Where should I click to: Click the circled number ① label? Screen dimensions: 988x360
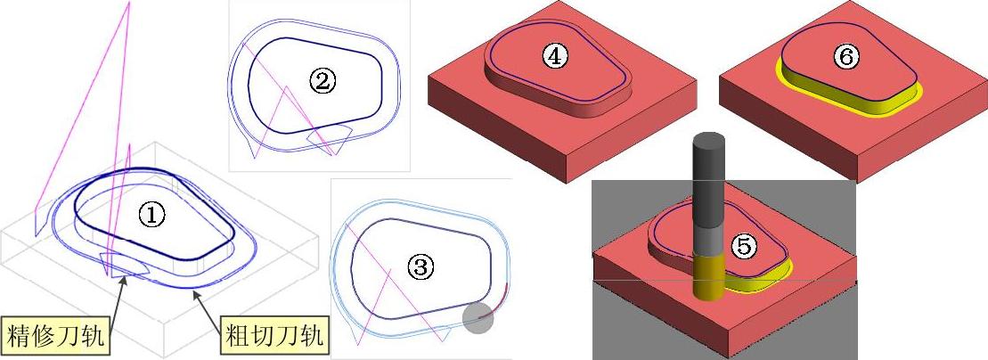point(151,217)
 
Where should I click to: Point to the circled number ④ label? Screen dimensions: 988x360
point(554,57)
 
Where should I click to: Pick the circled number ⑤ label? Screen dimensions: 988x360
point(744,247)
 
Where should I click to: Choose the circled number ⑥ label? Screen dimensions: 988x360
point(845,57)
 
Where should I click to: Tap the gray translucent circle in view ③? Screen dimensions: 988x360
point(478,318)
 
